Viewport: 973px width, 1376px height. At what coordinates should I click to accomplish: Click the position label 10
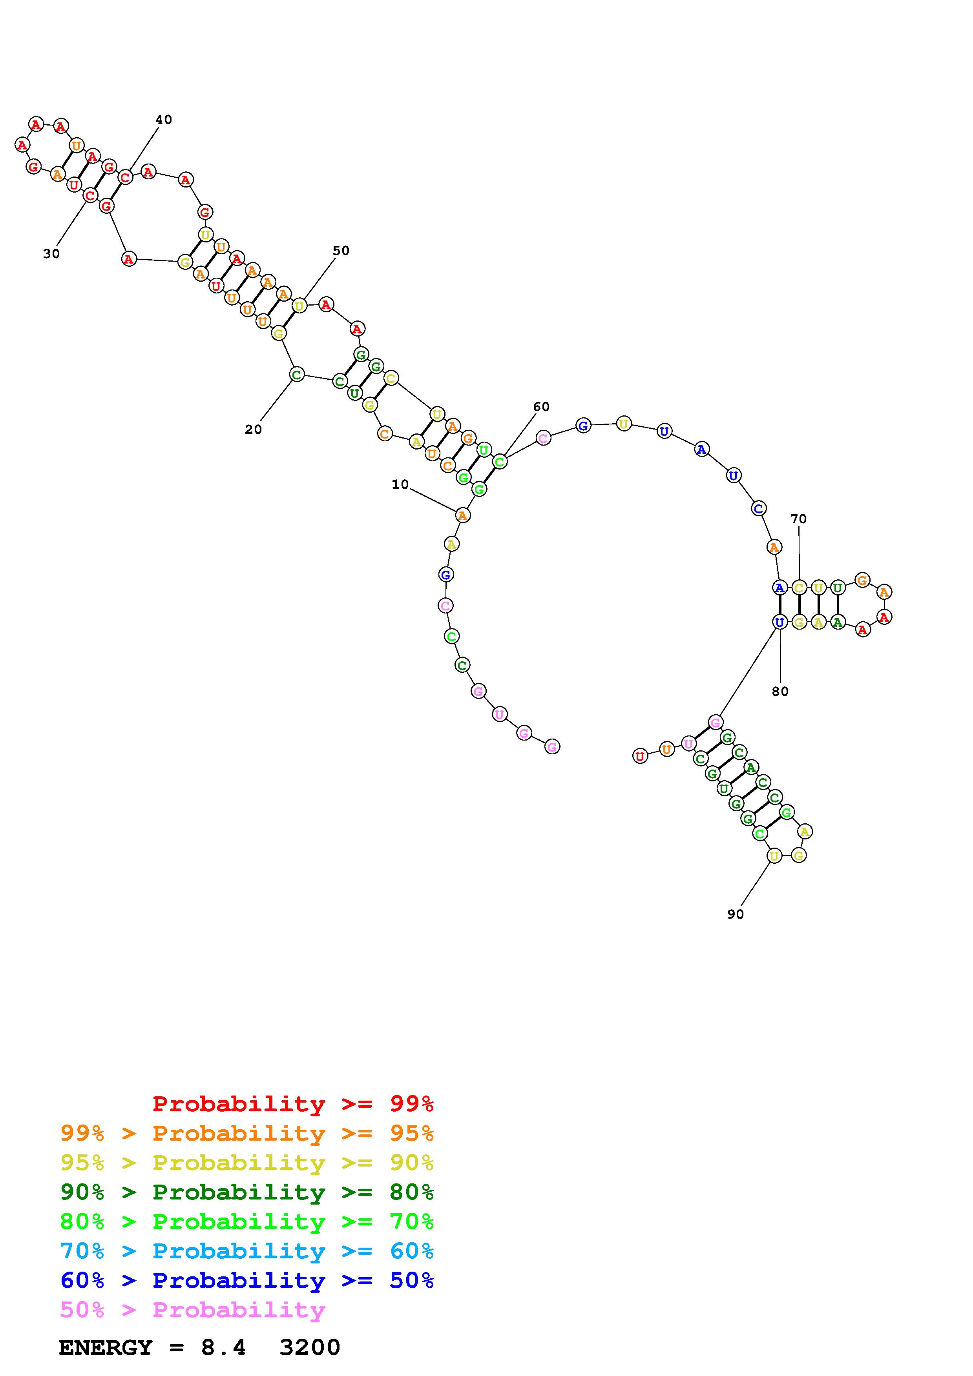coord(400,484)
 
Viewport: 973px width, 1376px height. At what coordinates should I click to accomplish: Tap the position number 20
coord(253,429)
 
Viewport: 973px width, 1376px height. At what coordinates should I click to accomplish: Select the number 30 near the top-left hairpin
coord(51,253)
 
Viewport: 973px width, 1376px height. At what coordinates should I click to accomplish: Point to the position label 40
coord(164,119)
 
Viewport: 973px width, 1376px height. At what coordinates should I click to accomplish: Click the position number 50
coord(341,251)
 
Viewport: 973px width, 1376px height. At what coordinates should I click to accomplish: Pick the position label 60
coord(541,406)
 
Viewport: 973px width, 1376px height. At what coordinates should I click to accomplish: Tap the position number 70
coord(799,519)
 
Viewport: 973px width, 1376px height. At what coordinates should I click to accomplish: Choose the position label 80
coord(780,691)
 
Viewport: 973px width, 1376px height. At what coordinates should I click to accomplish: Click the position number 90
coord(736,914)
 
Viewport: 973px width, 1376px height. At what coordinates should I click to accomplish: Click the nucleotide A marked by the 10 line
coord(462,515)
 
